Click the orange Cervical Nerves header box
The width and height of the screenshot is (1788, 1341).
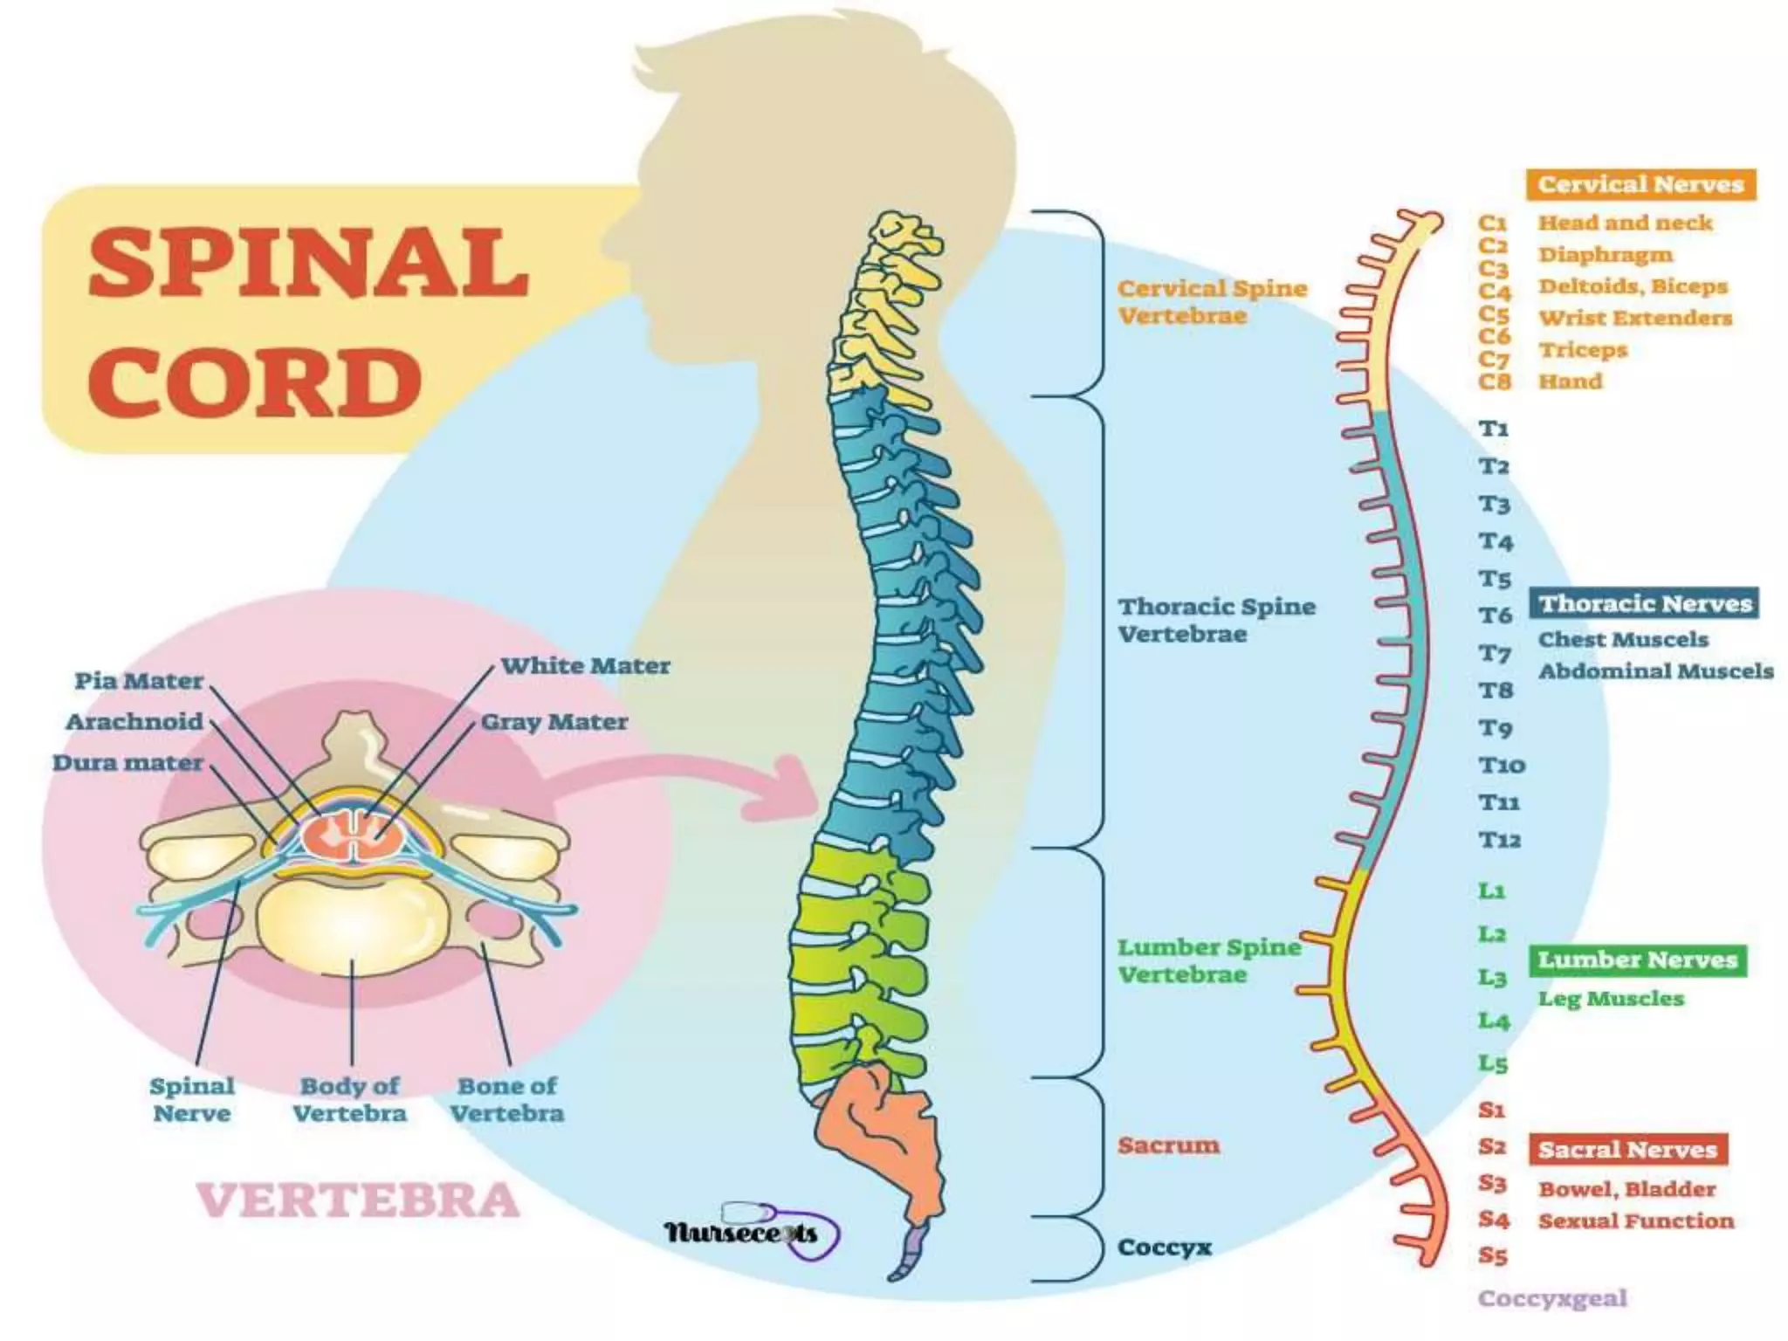pos(1640,184)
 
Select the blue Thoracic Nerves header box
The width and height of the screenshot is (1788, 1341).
pos(1645,603)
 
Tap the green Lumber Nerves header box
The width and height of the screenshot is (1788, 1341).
pos(1638,960)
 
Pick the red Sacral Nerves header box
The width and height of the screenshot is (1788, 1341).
pos(1627,1150)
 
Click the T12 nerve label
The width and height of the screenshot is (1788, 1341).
pos(1500,840)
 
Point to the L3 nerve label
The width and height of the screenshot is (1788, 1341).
pos(1493,977)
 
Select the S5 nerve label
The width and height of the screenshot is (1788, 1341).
pos(1493,1256)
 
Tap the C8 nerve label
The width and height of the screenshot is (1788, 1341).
pos(1494,382)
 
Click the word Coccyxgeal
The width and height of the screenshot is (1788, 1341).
pos(1552,1298)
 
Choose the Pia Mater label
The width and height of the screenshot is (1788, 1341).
pos(139,681)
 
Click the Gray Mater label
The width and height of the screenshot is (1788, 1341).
pos(554,722)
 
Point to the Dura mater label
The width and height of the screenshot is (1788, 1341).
pos(127,763)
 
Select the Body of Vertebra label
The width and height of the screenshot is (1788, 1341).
pos(349,1099)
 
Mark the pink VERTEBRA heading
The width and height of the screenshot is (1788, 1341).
pos(358,1200)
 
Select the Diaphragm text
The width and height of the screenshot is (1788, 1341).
pos(1606,255)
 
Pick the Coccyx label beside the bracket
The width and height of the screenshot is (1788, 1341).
pos(1165,1247)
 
